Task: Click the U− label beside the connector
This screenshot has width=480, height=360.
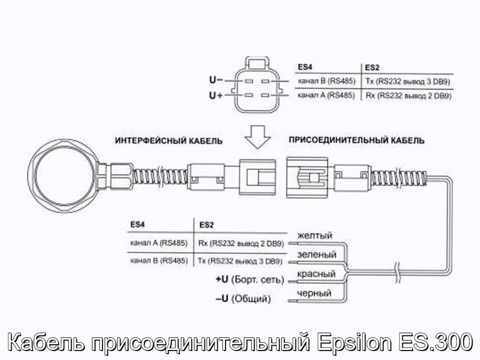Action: tap(216, 80)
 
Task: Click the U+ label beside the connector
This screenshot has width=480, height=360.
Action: tap(216, 96)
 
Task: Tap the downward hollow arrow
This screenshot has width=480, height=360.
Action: tap(258, 137)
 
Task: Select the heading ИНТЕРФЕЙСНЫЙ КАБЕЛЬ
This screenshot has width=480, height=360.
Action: tap(169, 141)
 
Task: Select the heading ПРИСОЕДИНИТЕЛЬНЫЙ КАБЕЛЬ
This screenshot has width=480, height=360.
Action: tap(356, 140)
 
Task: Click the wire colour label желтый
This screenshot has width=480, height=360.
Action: tap(315, 235)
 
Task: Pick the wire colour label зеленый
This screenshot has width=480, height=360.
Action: tap(317, 254)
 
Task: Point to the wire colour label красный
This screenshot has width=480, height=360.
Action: tap(316, 274)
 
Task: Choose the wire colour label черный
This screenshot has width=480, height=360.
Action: tap(314, 293)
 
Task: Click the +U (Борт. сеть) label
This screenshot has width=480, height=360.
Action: tap(250, 280)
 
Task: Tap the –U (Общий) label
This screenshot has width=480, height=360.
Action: tap(243, 299)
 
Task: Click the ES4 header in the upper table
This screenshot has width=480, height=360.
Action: tap(305, 67)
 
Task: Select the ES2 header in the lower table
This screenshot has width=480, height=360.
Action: tap(206, 225)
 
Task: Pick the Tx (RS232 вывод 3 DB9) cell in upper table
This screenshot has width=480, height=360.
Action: tap(407, 81)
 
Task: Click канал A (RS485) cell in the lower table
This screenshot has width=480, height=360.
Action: tap(159, 243)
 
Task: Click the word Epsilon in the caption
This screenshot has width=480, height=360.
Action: tap(354, 342)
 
